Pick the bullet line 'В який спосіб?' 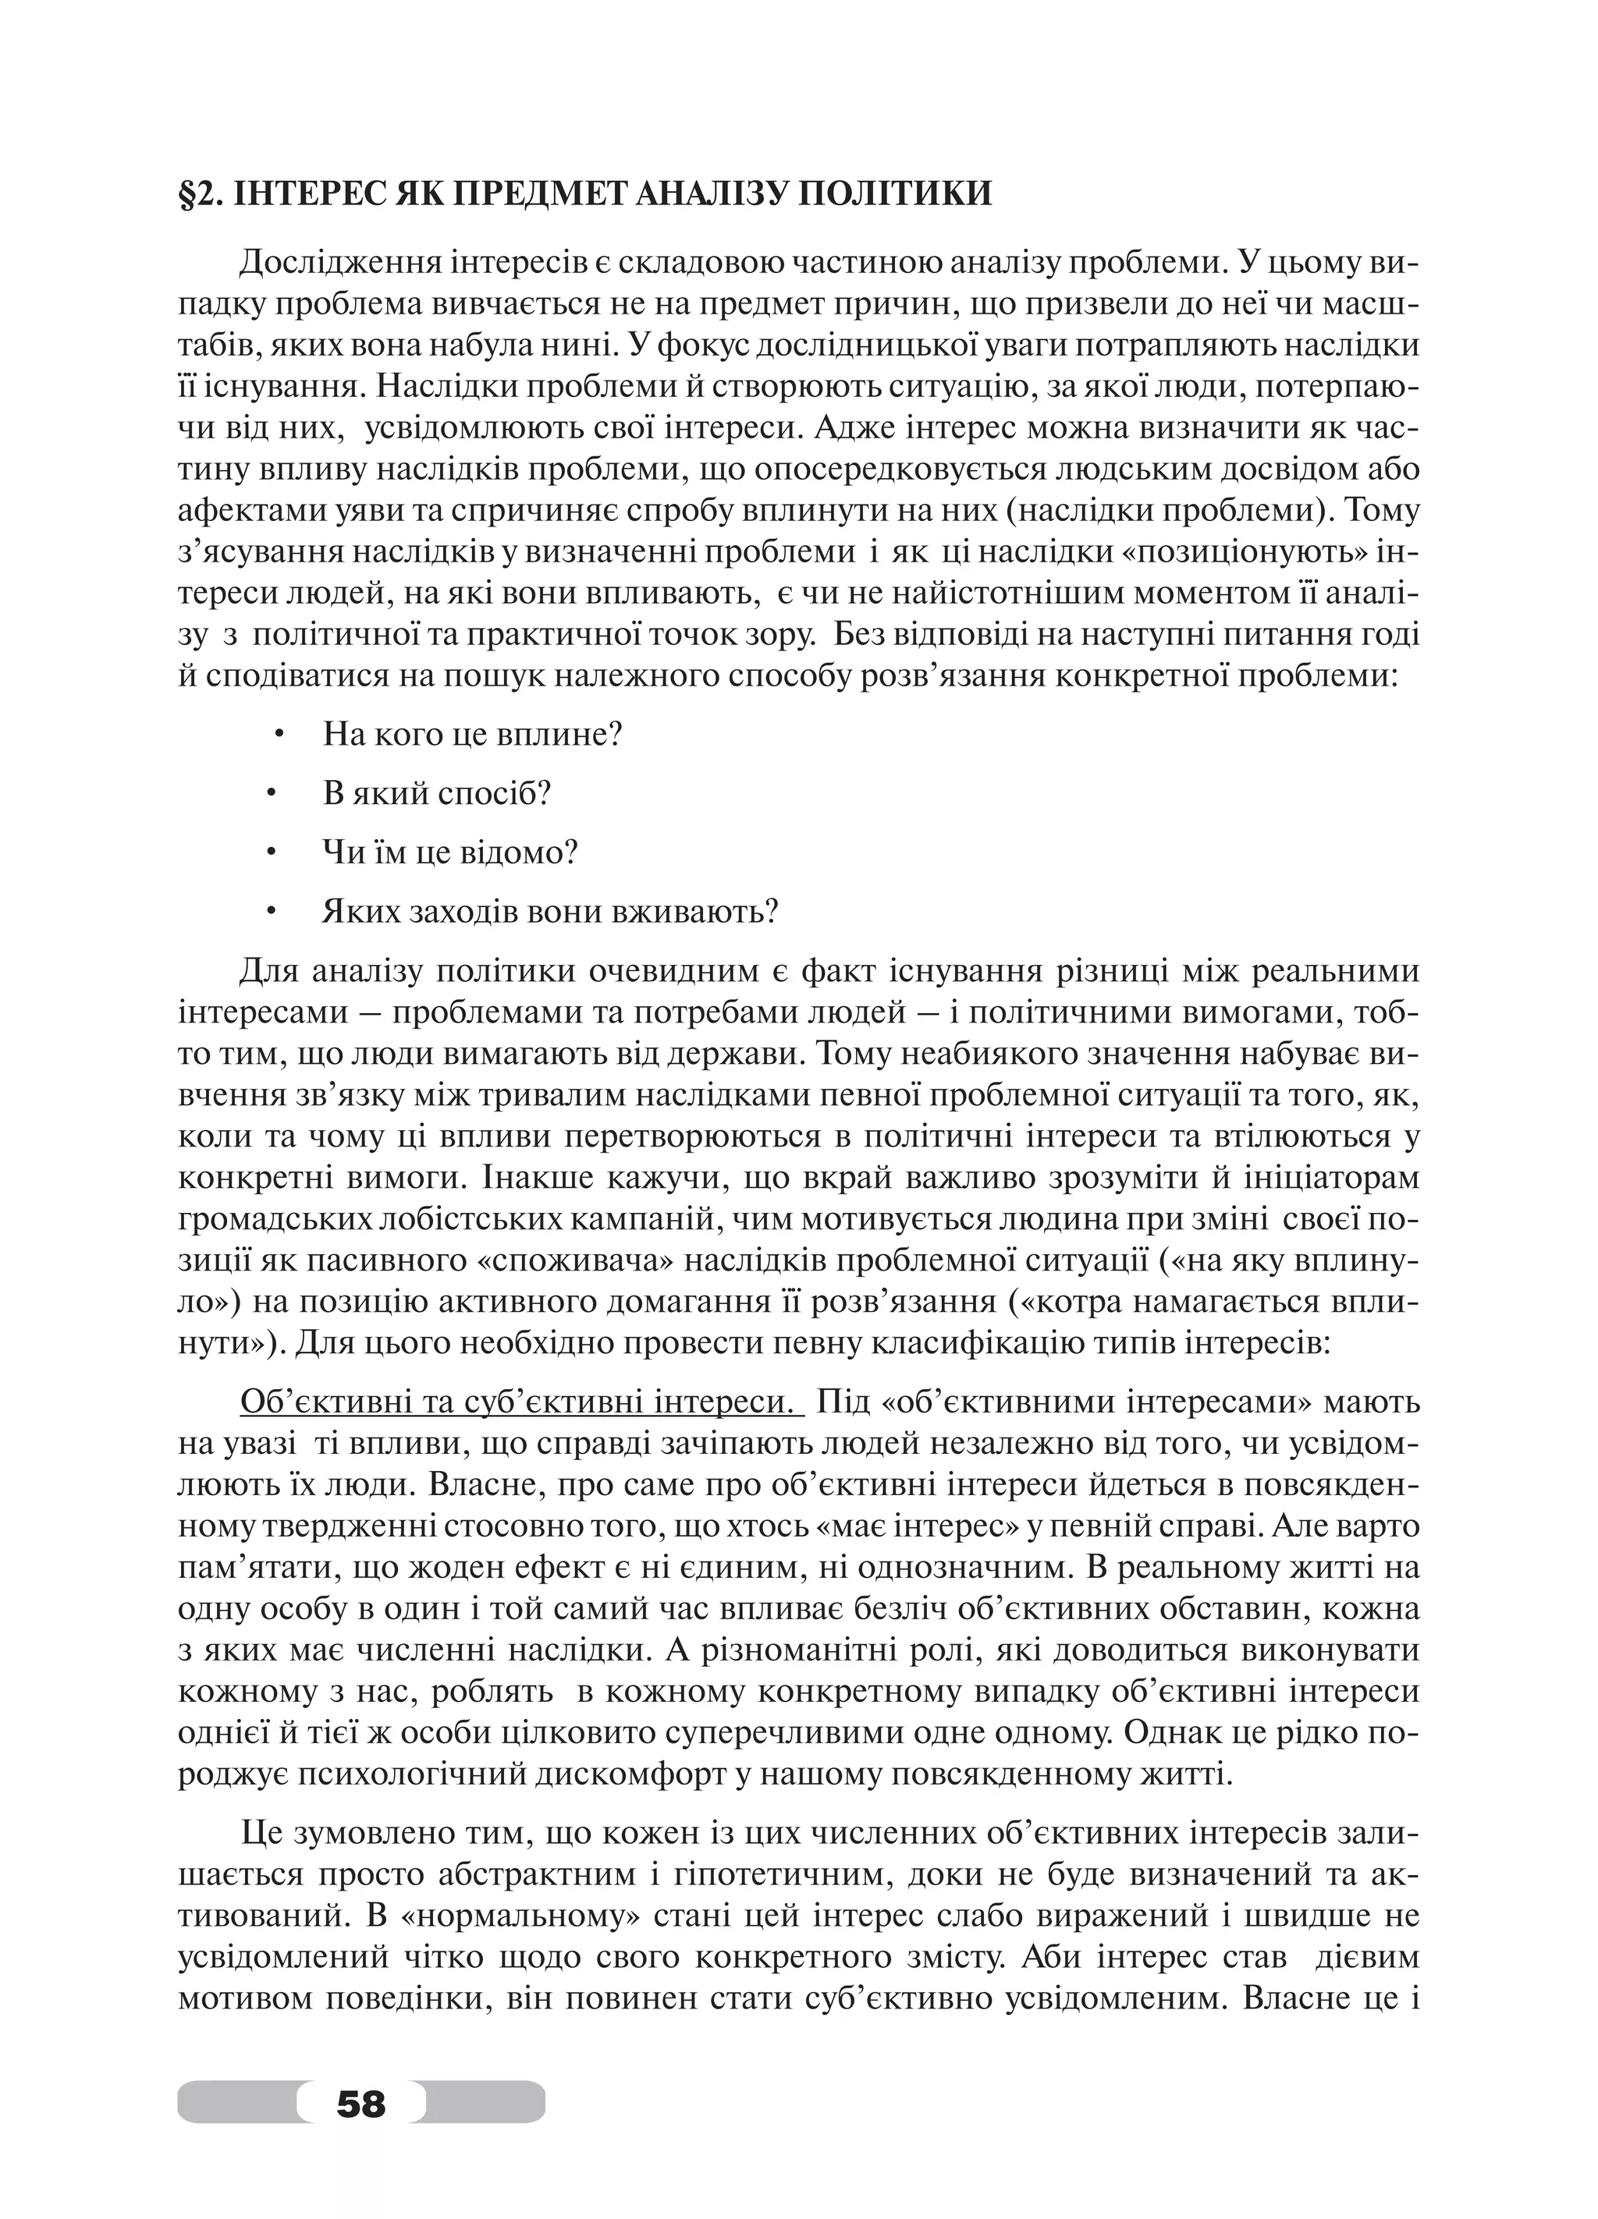[436, 793]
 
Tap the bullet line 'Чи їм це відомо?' [450, 853]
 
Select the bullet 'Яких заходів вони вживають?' [550, 912]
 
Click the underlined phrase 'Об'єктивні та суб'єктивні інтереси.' [520, 1402]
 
